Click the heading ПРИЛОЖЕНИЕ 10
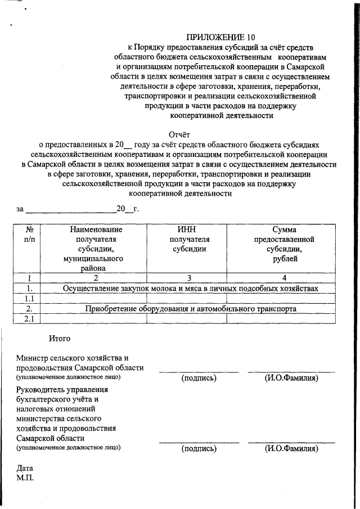coord(215,38)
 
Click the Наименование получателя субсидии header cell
coord(96,248)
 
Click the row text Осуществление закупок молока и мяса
coord(191,288)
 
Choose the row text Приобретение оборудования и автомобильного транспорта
coord(191,309)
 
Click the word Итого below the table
coord(60,339)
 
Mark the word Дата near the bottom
coord(25,468)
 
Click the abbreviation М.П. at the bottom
coord(26,478)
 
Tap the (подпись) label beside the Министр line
coord(199,378)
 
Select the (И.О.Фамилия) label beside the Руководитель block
coord(291,448)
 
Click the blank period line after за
coord(70,210)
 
